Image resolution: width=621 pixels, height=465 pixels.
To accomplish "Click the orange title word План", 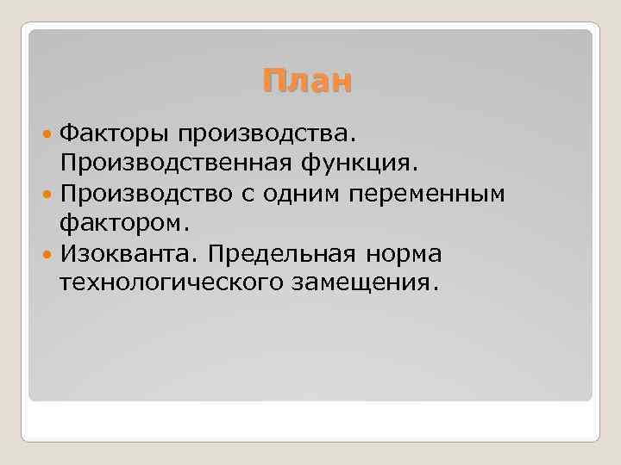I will [x=308, y=81].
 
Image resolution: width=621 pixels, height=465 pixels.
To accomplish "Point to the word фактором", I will [x=123, y=224].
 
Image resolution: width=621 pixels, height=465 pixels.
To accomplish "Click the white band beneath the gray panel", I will [x=310, y=421].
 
